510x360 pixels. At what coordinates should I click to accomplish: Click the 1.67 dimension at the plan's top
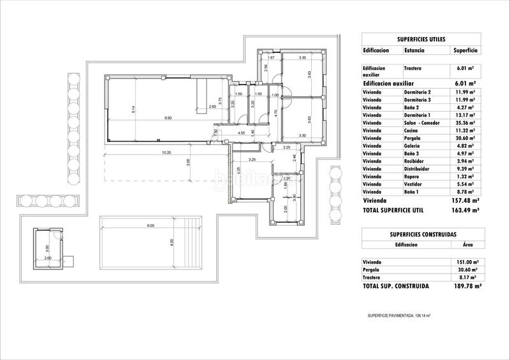click(270, 58)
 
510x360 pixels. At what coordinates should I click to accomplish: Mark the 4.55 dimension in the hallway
click(242, 133)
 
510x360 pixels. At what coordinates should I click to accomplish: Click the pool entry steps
click(192, 242)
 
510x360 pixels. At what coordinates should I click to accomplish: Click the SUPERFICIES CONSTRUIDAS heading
click(421, 234)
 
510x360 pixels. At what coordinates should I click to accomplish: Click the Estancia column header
click(415, 50)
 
